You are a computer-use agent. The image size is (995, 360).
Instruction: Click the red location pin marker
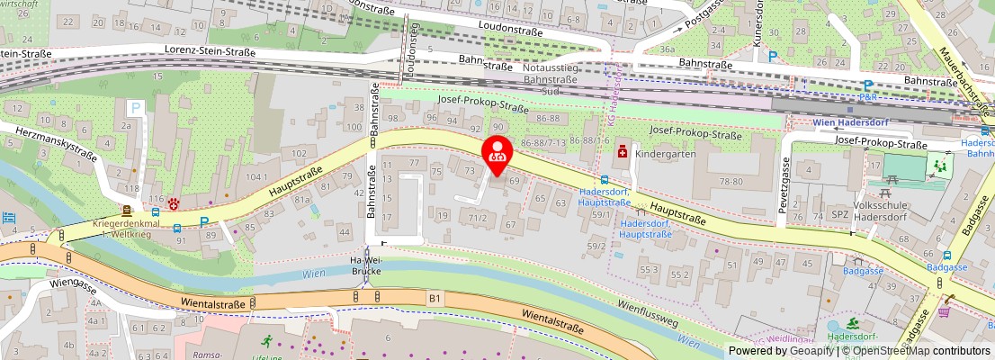click(497, 151)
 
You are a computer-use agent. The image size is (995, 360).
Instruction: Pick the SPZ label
click(840, 215)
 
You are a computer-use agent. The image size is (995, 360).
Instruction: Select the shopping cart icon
click(944, 311)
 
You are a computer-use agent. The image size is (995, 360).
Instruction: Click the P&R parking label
click(868, 96)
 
